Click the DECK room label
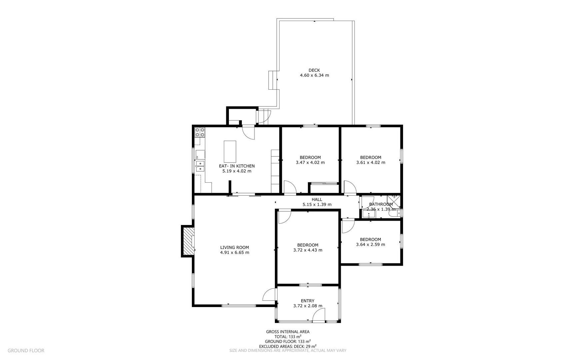314,70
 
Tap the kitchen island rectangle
230,151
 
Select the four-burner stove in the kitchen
200,132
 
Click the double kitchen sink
200,166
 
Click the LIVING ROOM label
234,247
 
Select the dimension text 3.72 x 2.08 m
307,306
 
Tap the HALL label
317,199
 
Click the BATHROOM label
381,204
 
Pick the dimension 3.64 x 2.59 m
370,244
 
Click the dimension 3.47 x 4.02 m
310,162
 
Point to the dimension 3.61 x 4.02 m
370,162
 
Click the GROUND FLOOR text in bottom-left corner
26,350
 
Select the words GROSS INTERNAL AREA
288,332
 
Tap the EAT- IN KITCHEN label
237,166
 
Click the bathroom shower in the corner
393,202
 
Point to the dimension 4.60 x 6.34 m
314,75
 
